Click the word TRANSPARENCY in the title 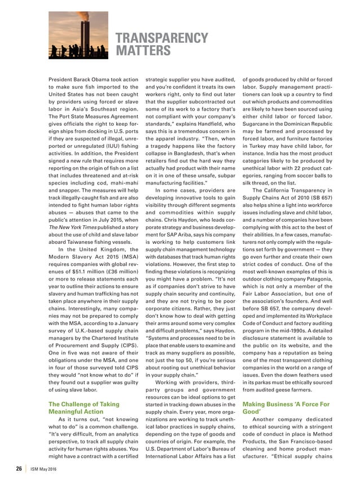(162, 38)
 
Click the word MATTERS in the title (143, 52)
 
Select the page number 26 (19, 468)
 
